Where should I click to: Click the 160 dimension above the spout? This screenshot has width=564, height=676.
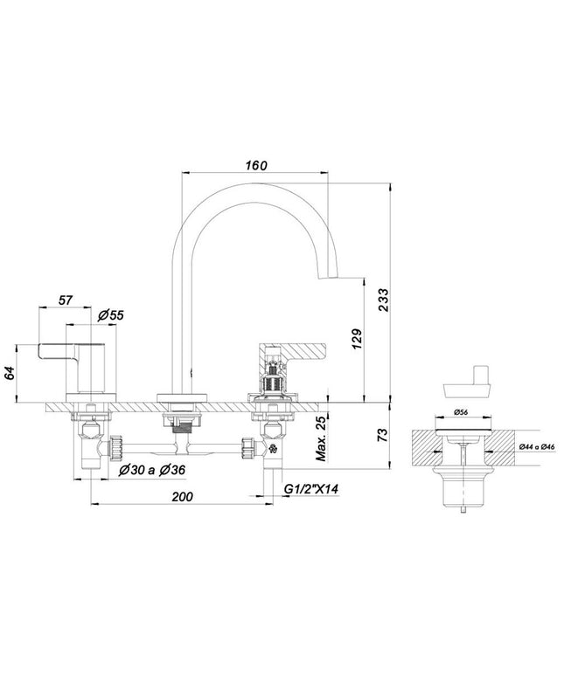pyautogui.click(x=256, y=166)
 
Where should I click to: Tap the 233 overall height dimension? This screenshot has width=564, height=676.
pyautogui.click(x=383, y=300)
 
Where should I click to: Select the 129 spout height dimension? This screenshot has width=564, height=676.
pyautogui.click(x=357, y=339)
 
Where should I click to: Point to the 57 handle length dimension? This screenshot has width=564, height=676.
pyautogui.click(x=66, y=300)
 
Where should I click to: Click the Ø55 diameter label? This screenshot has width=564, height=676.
pyautogui.click(x=110, y=315)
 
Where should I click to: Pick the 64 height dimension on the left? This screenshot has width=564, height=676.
pyautogui.click(x=10, y=373)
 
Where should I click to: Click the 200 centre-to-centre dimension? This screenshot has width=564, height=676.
pyautogui.click(x=183, y=497)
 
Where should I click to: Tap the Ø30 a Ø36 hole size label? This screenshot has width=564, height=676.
pyautogui.click(x=152, y=471)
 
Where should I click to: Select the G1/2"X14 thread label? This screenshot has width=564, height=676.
pyautogui.click(x=311, y=489)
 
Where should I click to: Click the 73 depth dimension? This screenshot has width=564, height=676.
pyautogui.click(x=383, y=435)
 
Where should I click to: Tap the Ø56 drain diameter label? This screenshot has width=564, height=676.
pyautogui.click(x=461, y=412)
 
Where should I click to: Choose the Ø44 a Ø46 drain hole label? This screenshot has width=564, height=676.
pyautogui.click(x=536, y=447)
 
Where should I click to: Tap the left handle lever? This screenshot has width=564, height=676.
pyautogui.click(x=72, y=350)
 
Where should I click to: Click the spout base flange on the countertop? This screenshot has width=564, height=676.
pyautogui.click(x=183, y=398)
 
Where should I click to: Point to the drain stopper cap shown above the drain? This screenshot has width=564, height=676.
pyautogui.click(x=467, y=386)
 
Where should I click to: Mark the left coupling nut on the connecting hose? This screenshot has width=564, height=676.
pyautogui.click(x=116, y=447)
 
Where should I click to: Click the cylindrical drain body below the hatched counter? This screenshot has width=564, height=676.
pyautogui.click(x=463, y=486)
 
